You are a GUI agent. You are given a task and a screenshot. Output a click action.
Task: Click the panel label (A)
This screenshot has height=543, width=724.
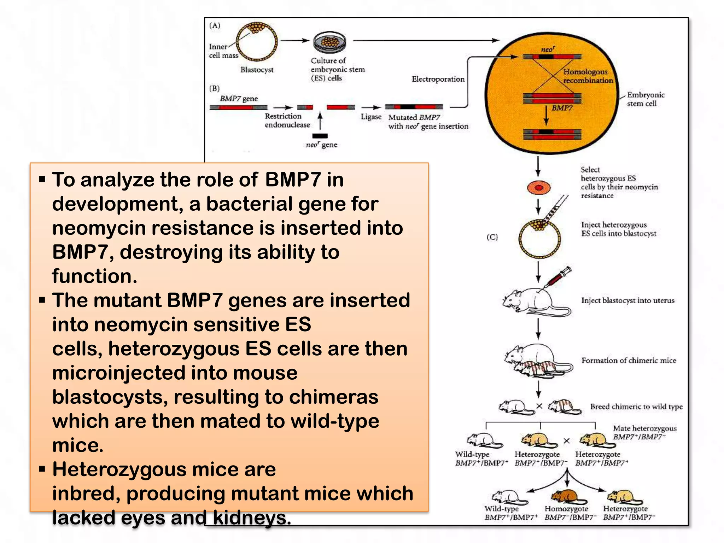point(215,25)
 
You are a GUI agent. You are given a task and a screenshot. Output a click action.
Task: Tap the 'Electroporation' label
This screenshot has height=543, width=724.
point(438,79)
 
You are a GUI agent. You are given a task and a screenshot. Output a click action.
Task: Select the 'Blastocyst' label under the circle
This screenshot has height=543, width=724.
point(257,70)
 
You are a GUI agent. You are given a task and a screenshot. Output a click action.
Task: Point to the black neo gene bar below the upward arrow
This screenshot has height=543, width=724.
point(320,136)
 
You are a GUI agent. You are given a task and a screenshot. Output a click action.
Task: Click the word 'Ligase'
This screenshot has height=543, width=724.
point(371,117)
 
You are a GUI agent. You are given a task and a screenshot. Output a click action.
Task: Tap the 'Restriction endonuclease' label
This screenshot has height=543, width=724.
point(287,121)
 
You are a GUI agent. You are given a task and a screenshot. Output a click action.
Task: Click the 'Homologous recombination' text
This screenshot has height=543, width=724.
point(587,76)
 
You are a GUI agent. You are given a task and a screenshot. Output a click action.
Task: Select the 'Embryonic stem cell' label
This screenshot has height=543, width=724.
point(645,99)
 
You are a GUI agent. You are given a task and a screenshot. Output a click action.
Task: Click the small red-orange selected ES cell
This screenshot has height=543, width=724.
point(538,188)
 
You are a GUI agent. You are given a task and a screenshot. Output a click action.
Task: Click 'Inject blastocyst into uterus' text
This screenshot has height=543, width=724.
point(627,300)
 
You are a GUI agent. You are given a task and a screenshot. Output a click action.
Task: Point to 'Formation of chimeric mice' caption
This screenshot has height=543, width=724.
point(629,361)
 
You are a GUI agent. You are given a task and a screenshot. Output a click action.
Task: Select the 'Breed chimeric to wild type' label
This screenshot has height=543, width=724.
point(636,407)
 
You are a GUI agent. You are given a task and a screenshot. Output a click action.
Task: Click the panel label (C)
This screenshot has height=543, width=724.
point(492,237)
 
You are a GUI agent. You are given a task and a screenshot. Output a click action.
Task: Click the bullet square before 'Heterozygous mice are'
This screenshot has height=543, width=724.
point(42,469)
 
